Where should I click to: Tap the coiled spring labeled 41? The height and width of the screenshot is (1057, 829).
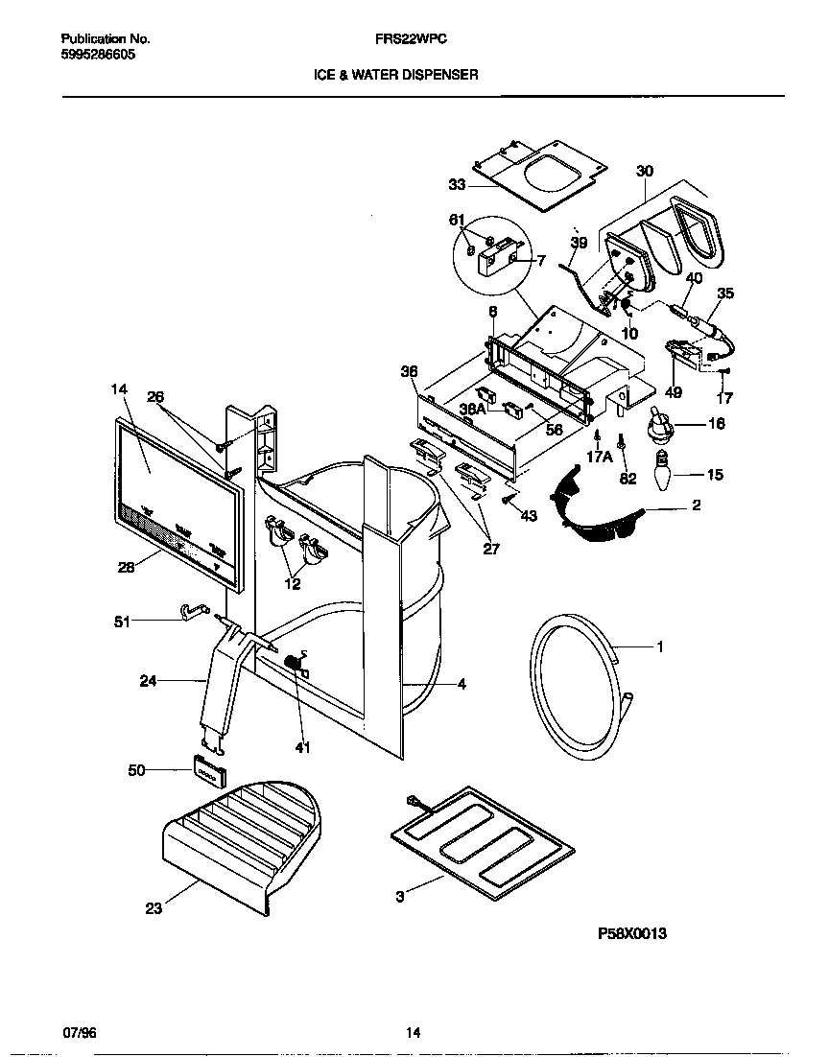click(297, 662)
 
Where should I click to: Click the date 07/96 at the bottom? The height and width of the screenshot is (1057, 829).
click(79, 1033)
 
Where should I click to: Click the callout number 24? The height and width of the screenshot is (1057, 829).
click(148, 682)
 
